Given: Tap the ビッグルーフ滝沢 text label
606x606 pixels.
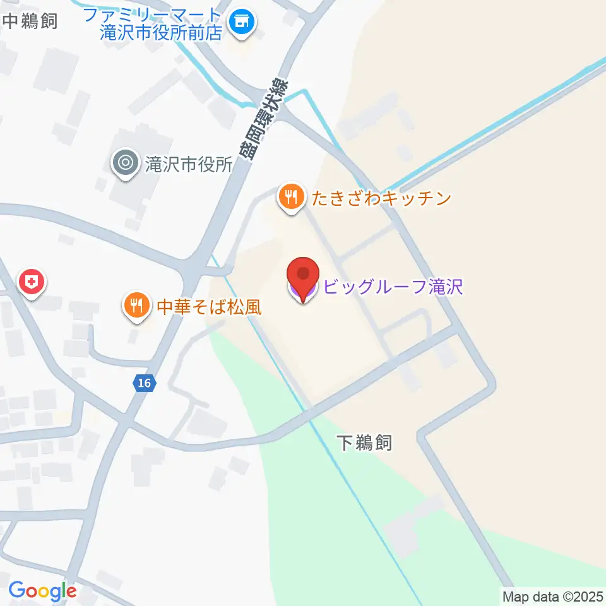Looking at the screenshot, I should click(393, 287).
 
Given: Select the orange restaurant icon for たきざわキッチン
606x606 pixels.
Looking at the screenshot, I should click(290, 198).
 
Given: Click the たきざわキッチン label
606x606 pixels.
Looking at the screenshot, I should click(380, 199).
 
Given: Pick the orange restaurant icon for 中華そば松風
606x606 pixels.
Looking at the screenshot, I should click(136, 306).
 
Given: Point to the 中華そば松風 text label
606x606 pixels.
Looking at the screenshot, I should click(209, 307).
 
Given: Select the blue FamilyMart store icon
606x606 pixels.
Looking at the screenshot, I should click(241, 23).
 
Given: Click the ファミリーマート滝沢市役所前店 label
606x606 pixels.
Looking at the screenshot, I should click(162, 23).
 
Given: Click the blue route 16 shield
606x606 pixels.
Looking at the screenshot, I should click(145, 383).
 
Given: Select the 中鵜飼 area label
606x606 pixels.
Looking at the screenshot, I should click(30, 21).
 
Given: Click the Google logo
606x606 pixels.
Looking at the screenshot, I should click(42, 591).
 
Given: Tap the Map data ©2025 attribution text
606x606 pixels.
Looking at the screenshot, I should click(553, 596).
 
